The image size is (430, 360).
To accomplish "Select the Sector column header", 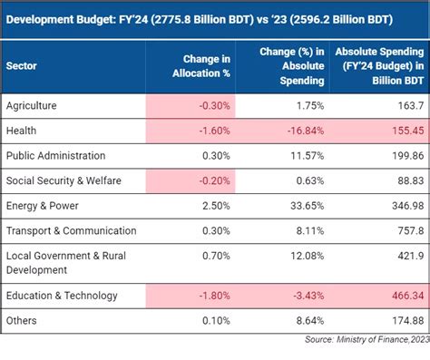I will (x=22, y=66).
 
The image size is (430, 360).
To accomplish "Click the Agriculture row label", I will (x=32, y=105).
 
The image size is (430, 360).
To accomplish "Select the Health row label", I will (x=21, y=131).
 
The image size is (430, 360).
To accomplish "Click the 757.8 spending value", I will (x=408, y=231).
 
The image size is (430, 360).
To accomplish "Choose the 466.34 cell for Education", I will (x=405, y=295).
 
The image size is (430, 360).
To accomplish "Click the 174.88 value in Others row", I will (x=405, y=320).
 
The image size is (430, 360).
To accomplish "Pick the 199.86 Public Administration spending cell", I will (x=405, y=155).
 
